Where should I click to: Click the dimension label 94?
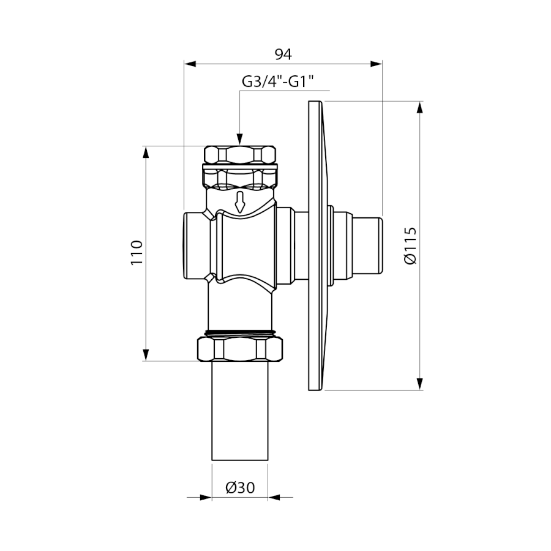point(283,54)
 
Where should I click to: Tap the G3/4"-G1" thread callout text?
point(277,82)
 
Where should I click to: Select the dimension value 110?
point(137,253)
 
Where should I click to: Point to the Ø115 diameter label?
point(410,246)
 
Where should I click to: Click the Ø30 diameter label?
point(241,487)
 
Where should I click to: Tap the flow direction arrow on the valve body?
point(239,202)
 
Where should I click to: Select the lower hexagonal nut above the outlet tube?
point(239,348)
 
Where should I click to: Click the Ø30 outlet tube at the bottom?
point(239,410)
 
